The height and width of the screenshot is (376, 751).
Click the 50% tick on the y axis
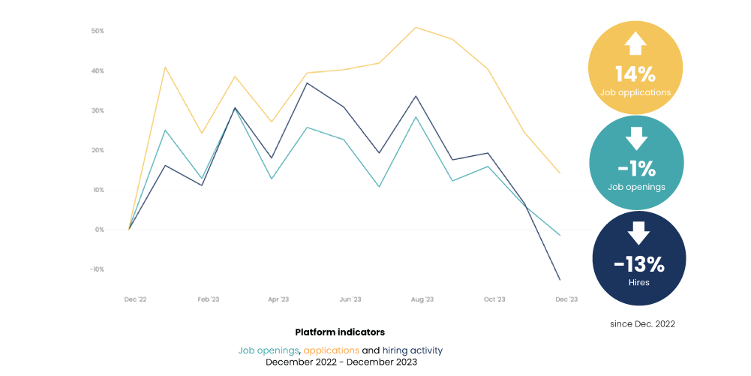(98, 31)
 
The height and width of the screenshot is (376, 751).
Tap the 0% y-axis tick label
(99, 230)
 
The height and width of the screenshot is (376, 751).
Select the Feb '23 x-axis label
(208, 299)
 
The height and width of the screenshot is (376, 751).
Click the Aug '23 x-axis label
(422, 299)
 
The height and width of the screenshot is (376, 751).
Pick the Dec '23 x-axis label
(566, 299)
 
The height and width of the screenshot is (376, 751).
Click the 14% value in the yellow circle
(635, 74)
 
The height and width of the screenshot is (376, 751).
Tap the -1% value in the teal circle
(635, 169)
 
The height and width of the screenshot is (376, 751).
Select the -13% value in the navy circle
(639, 264)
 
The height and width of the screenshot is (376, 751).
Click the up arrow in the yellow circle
(635, 44)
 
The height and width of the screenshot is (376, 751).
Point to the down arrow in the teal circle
(636, 138)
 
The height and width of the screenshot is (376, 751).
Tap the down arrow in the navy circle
(639, 233)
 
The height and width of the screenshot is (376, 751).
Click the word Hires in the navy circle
(639, 283)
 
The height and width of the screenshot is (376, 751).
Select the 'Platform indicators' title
(340, 332)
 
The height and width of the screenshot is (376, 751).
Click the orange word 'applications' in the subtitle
(331, 350)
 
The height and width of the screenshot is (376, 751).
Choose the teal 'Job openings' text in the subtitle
(269, 350)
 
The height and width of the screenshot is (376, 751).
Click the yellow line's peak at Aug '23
(416, 27)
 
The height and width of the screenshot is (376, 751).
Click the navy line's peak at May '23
(307, 83)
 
